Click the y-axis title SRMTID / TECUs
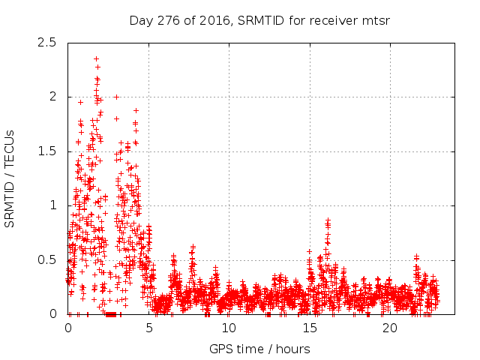(x=10, y=178)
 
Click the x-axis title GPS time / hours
(x=259, y=349)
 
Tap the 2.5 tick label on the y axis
(x=46, y=42)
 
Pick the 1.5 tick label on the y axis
(x=46, y=151)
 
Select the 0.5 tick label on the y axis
(x=46, y=259)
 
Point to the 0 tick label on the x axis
(x=68, y=328)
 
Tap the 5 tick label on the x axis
(x=148, y=328)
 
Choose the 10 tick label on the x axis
(x=229, y=328)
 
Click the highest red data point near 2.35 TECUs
(x=96, y=58)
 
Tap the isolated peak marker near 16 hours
(x=328, y=220)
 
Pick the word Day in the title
(x=141, y=20)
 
